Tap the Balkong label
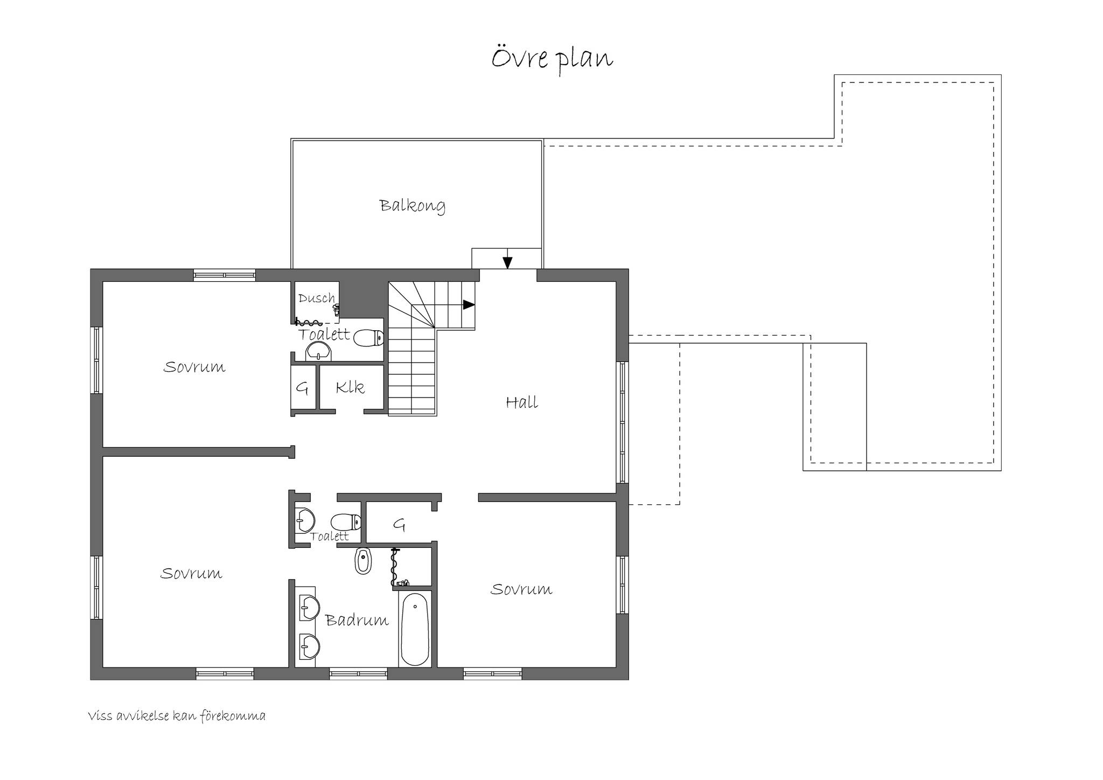point(412,206)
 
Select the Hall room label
point(522,402)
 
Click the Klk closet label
point(350,387)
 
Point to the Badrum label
point(357,620)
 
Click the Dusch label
point(317,298)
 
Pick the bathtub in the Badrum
point(415,629)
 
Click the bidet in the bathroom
point(364,561)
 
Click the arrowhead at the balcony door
point(507,262)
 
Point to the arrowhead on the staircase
point(469,304)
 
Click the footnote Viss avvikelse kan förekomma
point(177,716)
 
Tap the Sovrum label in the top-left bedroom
point(194,367)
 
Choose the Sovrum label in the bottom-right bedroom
point(521,589)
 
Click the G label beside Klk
point(302,388)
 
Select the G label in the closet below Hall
point(399,524)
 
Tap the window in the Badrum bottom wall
point(358,673)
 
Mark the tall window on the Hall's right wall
point(623,422)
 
